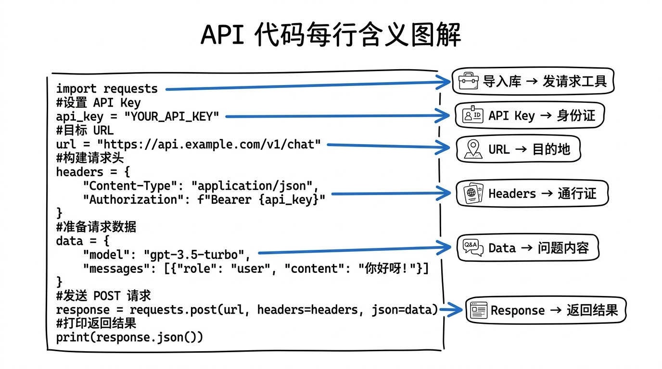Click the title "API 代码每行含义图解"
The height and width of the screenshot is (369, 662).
click(x=331, y=35)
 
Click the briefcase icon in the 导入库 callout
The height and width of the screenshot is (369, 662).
click(x=467, y=81)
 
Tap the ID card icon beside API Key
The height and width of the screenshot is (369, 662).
click(x=472, y=115)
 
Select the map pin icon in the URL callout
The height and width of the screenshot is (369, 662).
click(x=473, y=149)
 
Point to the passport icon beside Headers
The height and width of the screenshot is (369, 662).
click(x=472, y=194)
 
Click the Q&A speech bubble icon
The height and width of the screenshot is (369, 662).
click(x=472, y=248)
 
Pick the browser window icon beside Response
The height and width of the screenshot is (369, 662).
click(x=478, y=310)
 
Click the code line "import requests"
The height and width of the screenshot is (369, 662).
click(x=107, y=89)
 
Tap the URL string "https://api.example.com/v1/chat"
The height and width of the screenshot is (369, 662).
click(x=209, y=144)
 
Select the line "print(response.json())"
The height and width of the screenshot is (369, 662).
click(x=129, y=337)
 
